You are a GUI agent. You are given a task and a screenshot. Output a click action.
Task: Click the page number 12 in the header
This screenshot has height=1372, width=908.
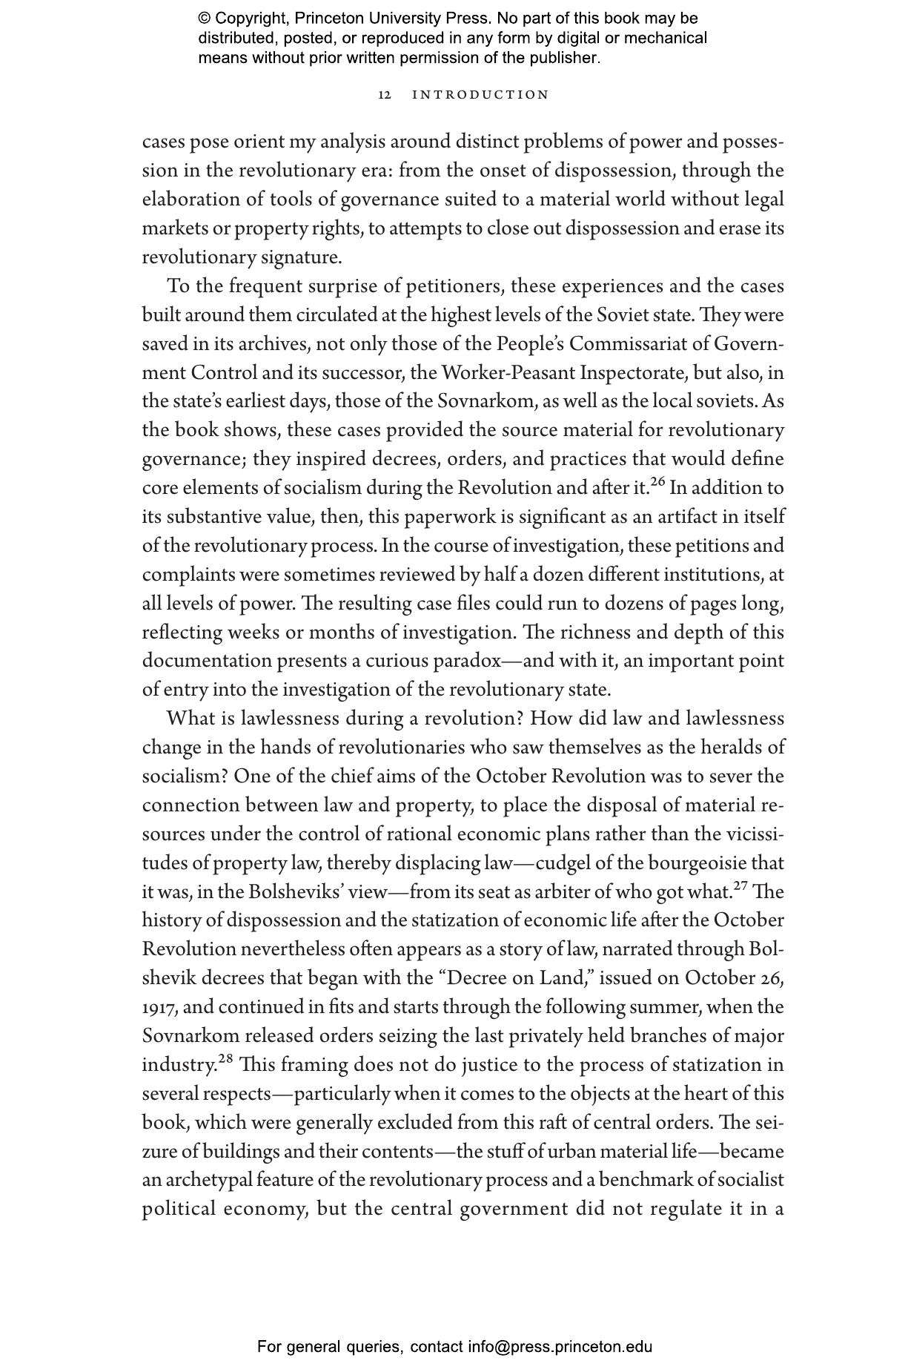click(385, 95)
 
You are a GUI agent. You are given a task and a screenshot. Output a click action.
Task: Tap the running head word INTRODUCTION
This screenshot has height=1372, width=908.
click(480, 95)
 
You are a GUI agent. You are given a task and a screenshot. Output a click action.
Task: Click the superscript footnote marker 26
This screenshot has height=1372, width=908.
click(657, 481)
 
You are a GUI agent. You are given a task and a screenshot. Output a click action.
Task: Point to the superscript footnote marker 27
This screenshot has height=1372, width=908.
click(741, 885)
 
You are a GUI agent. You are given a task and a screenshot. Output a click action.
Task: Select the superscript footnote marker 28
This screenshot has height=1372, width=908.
click(225, 1058)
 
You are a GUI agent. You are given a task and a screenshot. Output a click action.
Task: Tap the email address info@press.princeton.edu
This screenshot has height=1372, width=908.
click(560, 1346)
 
